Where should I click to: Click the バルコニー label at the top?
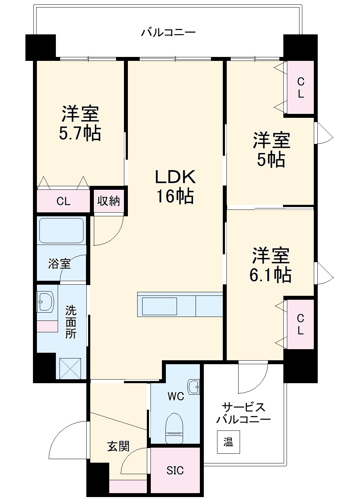click(x=168, y=33)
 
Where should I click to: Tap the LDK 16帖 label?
click(x=175, y=187)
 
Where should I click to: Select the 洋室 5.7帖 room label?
click(x=80, y=123)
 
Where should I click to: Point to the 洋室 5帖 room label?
click(x=271, y=150)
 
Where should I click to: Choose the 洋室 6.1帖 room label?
click(x=270, y=265)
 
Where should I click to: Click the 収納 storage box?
click(x=109, y=201)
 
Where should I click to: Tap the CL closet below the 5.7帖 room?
click(x=63, y=201)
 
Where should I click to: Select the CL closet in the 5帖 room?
click(x=301, y=88)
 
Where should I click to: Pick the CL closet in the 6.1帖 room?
click(x=300, y=324)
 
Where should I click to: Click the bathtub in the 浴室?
click(x=62, y=231)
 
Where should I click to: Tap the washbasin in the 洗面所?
click(x=46, y=302)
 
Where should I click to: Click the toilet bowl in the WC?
click(x=174, y=428)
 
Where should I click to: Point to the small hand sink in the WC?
click(x=194, y=387)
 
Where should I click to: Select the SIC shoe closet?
click(x=175, y=470)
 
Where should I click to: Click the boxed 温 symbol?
click(x=228, y=442)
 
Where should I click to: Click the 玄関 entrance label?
click(x=118, y=446)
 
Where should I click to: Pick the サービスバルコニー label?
click(x=244, y=413)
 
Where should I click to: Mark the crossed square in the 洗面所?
click(x=70, y=368)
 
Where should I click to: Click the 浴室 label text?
click(x=59, y=264)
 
